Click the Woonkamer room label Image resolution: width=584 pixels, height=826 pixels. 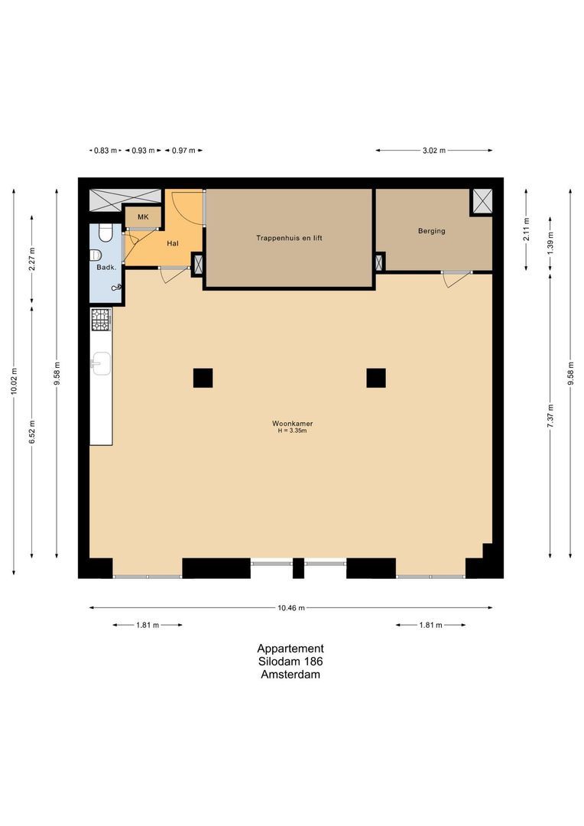[292, 423]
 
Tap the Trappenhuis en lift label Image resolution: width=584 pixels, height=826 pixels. [289, 238]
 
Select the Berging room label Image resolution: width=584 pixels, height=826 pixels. [431, 231]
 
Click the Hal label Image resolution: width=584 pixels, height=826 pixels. [173, 243]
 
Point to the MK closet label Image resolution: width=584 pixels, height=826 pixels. [143, 217]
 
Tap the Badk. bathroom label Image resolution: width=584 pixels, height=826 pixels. [105, 267]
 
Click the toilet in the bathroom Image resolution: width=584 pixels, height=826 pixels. [96, 255]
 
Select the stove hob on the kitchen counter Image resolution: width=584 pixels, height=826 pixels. [101, 320]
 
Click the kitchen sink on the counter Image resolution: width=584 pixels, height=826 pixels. [101, 363]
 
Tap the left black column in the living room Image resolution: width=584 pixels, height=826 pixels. [203, 378]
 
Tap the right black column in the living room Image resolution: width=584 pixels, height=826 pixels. [375, 378]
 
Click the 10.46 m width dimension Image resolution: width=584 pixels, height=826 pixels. [291, 608]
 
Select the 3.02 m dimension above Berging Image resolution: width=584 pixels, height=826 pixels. [433, 151]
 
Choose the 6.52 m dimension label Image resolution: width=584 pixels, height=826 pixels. [31, 432]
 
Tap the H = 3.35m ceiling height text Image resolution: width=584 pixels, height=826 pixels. [292, 431]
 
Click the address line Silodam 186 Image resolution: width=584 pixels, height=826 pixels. [290, 662]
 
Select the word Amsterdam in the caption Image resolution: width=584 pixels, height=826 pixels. [290, 675]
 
